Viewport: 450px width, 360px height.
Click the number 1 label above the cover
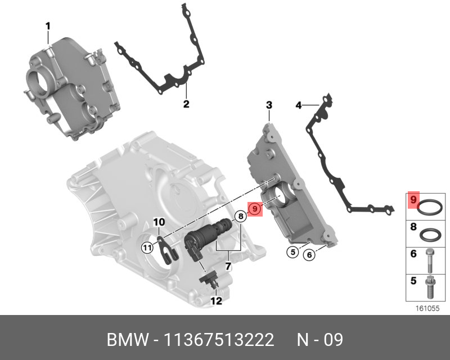click(48, 26)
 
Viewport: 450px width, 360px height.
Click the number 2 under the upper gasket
click(186, 103)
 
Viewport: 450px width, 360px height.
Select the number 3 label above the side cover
click(269, 105)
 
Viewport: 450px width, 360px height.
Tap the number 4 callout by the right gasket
click(299, 105)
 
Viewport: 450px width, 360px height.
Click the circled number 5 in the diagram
click(292, 252)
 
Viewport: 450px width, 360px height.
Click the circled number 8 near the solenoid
click(241, 216)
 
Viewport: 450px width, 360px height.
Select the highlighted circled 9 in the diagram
click(255, 209)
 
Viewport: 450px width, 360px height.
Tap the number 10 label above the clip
click(159, 222)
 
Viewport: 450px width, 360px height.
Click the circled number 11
click(147, 246)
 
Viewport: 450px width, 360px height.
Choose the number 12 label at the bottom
click(217, 301)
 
